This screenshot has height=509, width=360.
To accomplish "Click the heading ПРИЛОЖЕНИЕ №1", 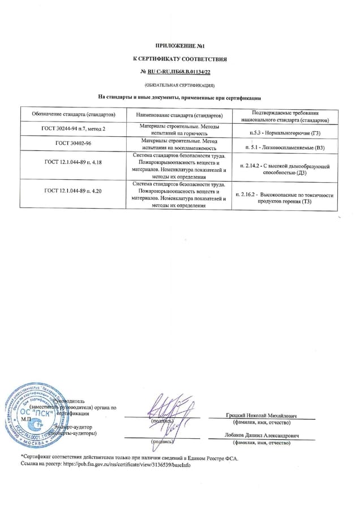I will point(179,45).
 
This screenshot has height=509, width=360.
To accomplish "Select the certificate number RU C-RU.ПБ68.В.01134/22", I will point(182,72).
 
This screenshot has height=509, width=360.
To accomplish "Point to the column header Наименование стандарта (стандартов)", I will point(179,115).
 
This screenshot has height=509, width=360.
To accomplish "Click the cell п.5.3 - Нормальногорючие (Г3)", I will point(284,132).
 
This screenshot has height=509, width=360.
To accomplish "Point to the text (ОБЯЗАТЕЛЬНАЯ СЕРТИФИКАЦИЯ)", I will point(179,85).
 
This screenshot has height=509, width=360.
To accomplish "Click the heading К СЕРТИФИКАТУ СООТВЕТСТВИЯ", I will point(179,59).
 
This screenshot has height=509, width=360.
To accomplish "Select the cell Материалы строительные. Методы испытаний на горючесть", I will point(179,130).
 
